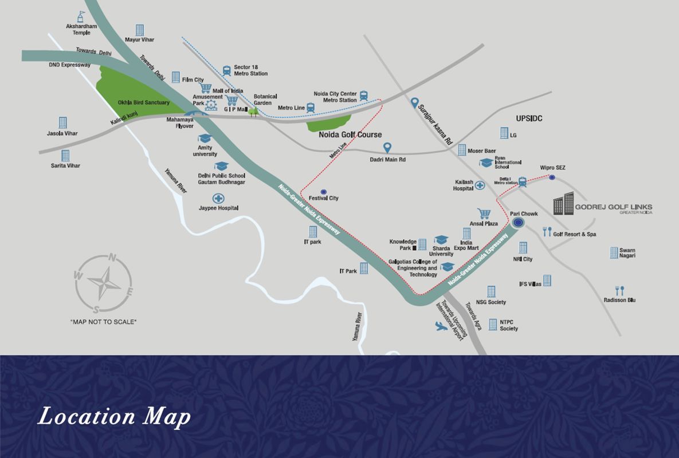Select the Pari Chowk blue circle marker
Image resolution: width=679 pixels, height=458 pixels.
click(x=518, y=223)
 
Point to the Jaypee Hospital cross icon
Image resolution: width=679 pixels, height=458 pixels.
click(x=218, y=199)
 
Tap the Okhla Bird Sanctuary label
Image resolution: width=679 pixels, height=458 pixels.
click(x=144, y=102)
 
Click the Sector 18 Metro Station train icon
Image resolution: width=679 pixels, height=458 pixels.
click(x=226, y=70)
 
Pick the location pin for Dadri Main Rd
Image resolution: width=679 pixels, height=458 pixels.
click(x=387, y=148)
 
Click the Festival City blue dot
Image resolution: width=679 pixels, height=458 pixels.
click(x=323, y=191)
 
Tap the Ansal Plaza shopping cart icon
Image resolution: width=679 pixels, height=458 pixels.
click(x=484, y=214)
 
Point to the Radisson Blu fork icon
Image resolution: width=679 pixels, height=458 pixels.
click(x=619, y=290)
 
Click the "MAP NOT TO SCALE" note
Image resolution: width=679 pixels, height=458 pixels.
click(x=103, y=322)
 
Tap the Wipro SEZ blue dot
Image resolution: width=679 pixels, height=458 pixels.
click(x=552, y=177)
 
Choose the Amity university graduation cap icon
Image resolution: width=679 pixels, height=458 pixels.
click(x=205, y=139)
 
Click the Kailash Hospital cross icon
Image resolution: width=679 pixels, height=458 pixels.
click(x=479, y=185)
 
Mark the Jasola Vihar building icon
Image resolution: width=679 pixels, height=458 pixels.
click(x=62, y=123)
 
